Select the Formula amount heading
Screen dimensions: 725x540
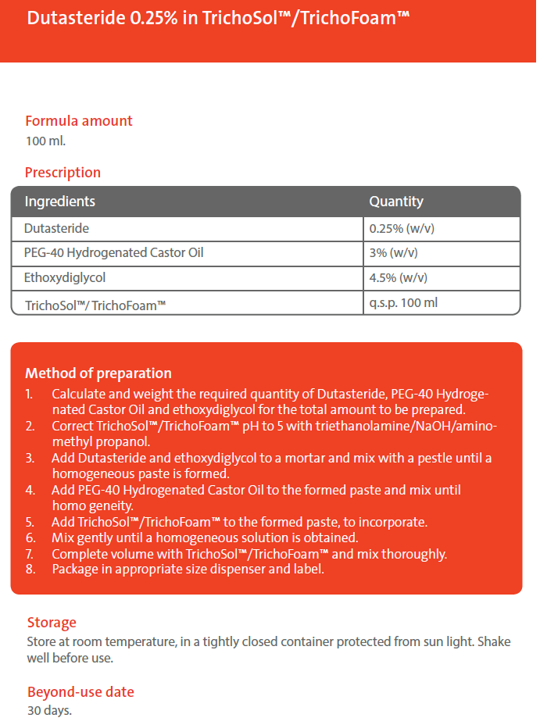pyautogui.click(x=79, y=121)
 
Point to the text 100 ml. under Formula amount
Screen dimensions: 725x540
pyautogui.click(x=46, y=141)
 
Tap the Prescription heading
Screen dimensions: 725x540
pyautogui.click(x=63, y=173)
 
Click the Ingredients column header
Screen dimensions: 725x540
pyautogui.click(x=60, y=202)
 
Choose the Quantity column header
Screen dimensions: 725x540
pyautogui.click(x=396, y=202)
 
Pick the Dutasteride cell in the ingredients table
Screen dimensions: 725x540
pyautogui.click(x=56, y=229)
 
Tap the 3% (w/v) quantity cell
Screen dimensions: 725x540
pyautogui.click(x=394, y=254)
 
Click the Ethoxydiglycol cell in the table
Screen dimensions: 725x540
pyautogui.click(x=65, y=277)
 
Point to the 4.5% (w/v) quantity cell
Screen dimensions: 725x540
pyautogui.click(x=398, y=278)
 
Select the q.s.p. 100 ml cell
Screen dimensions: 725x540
pyautogui.click(x=403, y=302)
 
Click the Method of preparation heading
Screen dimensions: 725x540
pyautogui.click(x=98, y=373)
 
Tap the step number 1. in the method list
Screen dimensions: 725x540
pyautogui.click(x=30, y=395)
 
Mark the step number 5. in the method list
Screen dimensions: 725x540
pyautogui.click(x=30, y=522)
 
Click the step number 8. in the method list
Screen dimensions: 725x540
pyautogui.click(x=30, y=569)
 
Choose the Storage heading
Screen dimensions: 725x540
pyautogui.click(x=52, y=623)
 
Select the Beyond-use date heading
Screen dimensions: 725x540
pyautogui.click(x=80, y=692)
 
